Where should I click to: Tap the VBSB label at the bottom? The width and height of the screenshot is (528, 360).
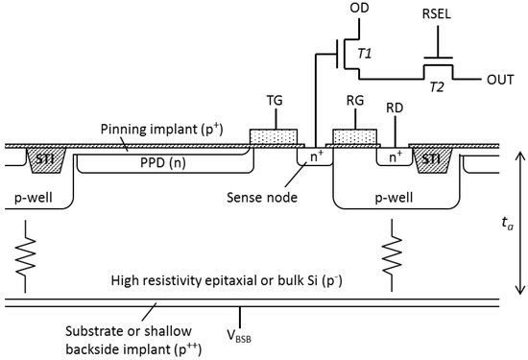[x=240, y=336]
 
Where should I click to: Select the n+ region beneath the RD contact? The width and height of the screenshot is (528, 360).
[x=395, y=156]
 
